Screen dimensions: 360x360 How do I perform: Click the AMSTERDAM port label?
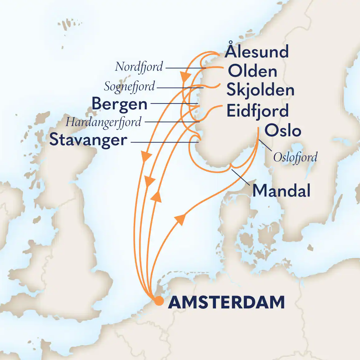[x=227, y=302]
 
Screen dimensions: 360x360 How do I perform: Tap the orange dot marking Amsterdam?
[x=159, y=301]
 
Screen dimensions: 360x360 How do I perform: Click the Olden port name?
[x=252, y=71]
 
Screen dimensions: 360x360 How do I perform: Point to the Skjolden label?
[x=260, y=90]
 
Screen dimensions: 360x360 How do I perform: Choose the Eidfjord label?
[x=257, y=111]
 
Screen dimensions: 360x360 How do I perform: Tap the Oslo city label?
[x=283, y=130]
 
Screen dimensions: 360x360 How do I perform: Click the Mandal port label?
[x=281, y=191]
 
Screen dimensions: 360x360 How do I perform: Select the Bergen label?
[x=119, y=104]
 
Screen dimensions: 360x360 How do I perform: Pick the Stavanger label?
[x=88, y=140]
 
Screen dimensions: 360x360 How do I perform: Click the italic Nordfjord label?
[x=139, y=67]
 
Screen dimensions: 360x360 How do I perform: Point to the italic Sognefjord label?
[x=129, y=87]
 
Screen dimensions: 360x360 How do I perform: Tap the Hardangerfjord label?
[x=103, y=122]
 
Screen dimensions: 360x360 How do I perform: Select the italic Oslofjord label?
[x=295, y=157]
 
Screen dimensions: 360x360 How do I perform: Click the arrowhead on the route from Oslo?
[x=180, y=218]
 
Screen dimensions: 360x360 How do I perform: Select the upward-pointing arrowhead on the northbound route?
[x=157, y=196]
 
